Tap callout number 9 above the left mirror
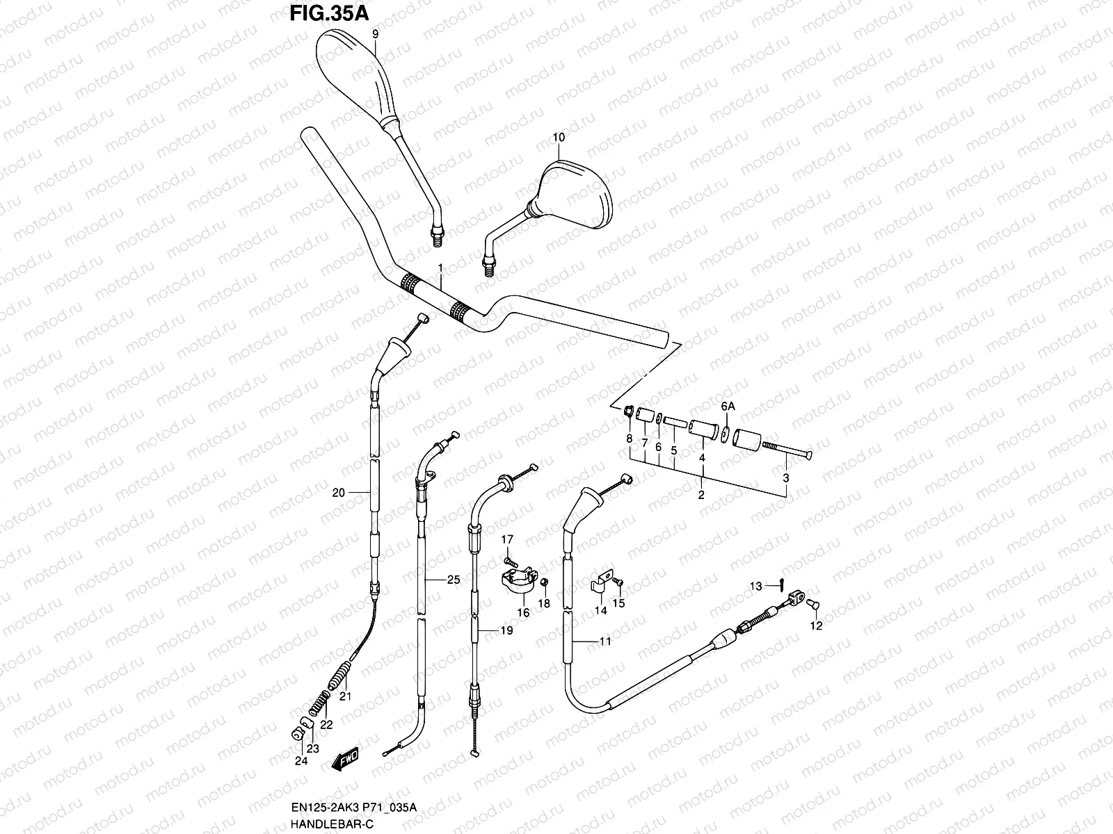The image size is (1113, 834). (x=375, y=34)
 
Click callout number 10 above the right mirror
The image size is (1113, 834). (x=559, y=138)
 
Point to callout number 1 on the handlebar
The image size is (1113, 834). (x=440, y=268)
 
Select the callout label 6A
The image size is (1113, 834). (x=727, y=406)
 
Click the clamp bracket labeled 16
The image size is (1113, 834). (x=519, y=581)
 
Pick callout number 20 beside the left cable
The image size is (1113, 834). (x=339, y=493)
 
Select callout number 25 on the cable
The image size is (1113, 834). (x=454, y=579)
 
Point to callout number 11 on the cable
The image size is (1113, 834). (x=605, y=641)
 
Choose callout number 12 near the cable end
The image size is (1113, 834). (x=817, y=625)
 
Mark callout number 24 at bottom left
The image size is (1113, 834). (x=300, y=761)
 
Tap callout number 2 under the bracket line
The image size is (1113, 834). (x=701, y=495)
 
